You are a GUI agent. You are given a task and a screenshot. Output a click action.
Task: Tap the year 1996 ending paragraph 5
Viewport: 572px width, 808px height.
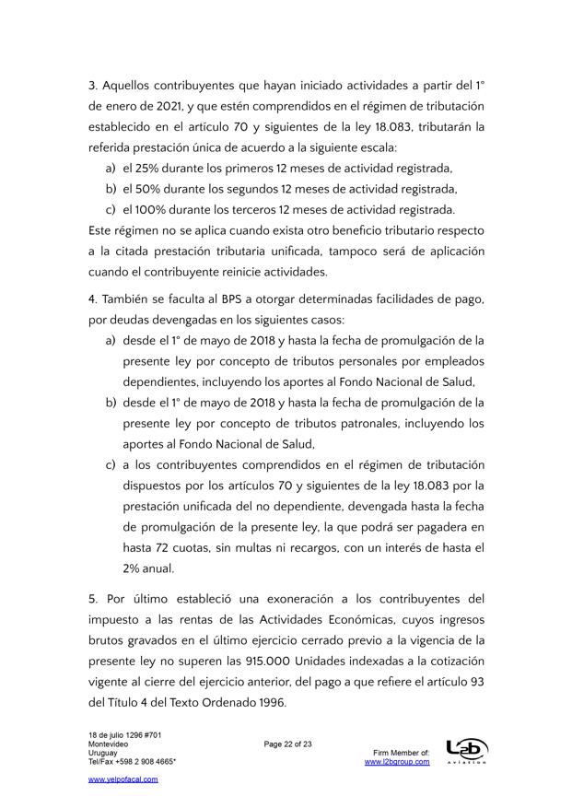click(269, 704)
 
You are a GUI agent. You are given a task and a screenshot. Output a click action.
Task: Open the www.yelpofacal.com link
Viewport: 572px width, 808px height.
click(123, 779)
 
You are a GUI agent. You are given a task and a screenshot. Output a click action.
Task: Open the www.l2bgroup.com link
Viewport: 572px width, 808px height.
click(397, 762)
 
